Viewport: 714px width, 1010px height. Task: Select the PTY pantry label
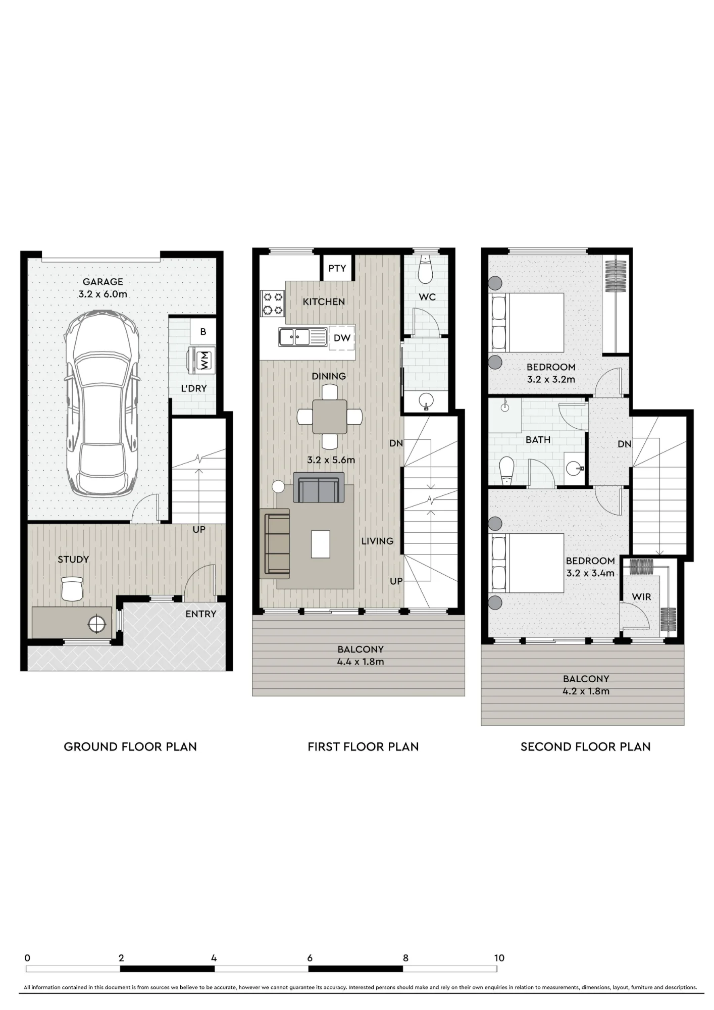click(337, 268)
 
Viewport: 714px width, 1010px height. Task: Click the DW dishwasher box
click(342, 338)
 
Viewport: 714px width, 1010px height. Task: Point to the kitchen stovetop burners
click(273, 303)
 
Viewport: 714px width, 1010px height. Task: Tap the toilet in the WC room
click(426, 269)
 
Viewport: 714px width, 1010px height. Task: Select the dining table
click(330, 417)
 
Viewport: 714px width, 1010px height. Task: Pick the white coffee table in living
click(321, 544)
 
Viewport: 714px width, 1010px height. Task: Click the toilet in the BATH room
click(506, 470)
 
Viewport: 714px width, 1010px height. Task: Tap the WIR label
click(641, 597)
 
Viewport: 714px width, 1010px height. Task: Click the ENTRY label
click(200, 614)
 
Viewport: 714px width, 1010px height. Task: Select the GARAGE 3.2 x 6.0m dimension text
click(103, 288)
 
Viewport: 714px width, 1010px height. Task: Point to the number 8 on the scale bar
click(405, 958)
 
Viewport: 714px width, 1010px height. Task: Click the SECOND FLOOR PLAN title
click(585, 747)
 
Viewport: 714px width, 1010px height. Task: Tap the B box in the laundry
click(203, 332)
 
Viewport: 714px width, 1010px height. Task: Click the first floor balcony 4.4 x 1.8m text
click(361, 655)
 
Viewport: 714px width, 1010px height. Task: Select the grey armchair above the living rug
click(319, 487)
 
